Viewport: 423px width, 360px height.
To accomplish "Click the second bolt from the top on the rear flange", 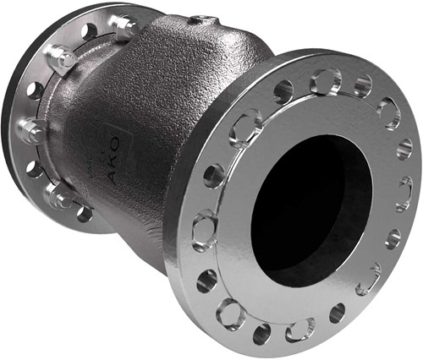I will coord(60,59).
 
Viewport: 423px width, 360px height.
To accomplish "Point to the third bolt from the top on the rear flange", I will coord(33,130).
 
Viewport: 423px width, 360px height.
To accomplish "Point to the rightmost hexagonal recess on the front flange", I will coord(404,193).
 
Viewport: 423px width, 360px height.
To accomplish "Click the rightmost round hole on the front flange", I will coord(405,149).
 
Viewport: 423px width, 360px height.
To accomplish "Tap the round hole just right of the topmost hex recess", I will coord(362,86).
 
